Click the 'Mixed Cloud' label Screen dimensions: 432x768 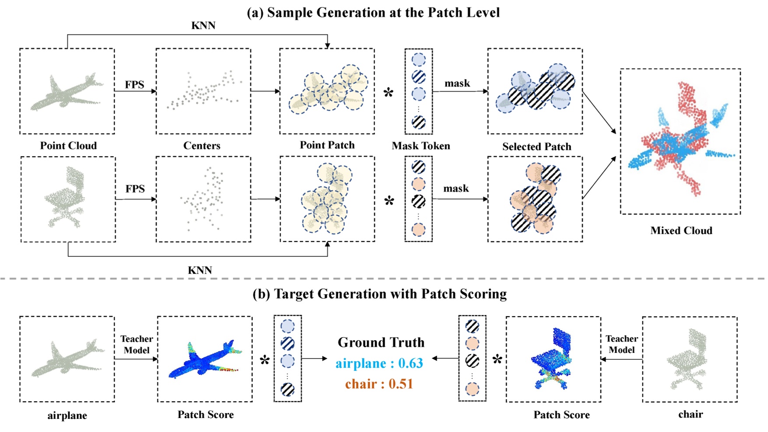pos(681,230)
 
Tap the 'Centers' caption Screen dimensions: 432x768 pos(202,146)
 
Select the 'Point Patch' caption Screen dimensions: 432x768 pos(327,145)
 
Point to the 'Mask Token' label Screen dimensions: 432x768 pos(421,146)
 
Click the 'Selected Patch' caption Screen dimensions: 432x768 pos(537,146)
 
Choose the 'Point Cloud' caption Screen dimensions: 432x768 pos(68,146)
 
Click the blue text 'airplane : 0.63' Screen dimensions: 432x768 pos(379,363)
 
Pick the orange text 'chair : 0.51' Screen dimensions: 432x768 pos(379,384)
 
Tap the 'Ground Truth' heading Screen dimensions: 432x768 pos(381,342)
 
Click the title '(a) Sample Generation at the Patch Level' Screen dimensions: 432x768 pos(373,12)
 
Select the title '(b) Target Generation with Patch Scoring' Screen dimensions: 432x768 pos(379,294)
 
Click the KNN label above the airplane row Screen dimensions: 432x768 pos(203,25)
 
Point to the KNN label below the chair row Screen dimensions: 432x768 pos(200,270)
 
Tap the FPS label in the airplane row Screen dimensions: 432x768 pos(134,84)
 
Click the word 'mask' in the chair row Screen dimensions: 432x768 pos(456,188)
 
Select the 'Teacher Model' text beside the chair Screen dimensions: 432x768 pos(621,344)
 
